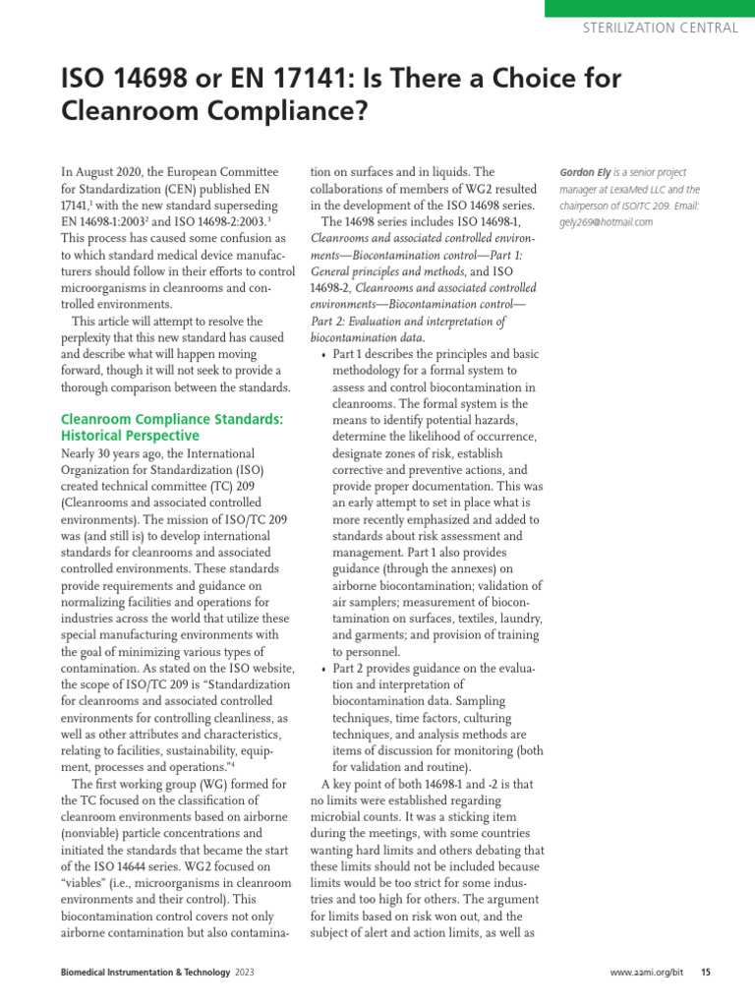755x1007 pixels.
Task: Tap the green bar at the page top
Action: pos(648,7)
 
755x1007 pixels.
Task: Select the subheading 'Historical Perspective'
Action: pos(130,435)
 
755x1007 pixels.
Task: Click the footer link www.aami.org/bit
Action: pos(646,973)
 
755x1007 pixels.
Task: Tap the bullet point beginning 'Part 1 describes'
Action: pos(325,353)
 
